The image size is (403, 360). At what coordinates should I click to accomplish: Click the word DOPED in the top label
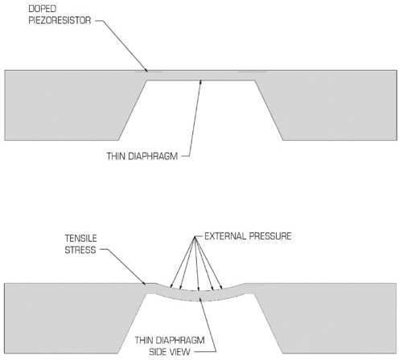pos(43,9)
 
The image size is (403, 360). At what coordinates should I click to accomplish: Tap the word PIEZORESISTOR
pos(60,20)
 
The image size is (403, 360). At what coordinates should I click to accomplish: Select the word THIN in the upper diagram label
pos(116,156)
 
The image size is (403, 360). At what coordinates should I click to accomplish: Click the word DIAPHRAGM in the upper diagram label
pos(153,156)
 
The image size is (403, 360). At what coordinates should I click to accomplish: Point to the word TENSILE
pos(81,238)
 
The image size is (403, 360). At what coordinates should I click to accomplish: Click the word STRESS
pos(80,250)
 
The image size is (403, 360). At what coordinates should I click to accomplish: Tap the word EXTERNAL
pos(225,236)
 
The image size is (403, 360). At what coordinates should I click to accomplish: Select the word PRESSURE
pos(270,236)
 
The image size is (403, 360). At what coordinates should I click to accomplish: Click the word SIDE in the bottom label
pos(159,352)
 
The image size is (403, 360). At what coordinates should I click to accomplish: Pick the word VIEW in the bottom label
pos(181,352)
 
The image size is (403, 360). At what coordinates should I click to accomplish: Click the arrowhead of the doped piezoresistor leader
pos(146,70)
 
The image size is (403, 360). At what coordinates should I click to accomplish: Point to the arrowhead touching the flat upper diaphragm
pos(200,82)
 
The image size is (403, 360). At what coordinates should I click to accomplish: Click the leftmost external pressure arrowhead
pos(171,285)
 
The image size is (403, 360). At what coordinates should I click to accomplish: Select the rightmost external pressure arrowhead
pos(220,287)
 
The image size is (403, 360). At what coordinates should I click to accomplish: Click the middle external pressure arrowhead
pos(199,288)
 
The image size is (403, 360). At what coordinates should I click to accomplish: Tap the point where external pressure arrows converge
pos(195,237)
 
